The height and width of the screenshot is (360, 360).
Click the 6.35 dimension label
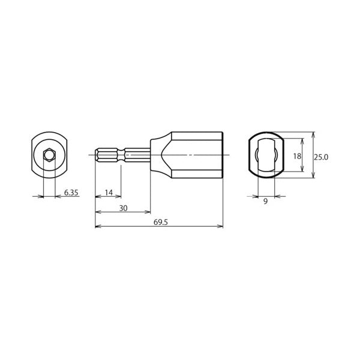coord(71,193)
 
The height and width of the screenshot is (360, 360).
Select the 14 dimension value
coord(109,193)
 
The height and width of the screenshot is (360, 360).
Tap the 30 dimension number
coord(123,208)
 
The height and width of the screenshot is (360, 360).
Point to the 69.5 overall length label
coord(161,222)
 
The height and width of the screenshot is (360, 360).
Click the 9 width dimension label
coord(265,202)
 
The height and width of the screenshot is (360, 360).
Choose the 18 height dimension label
coord(297,156)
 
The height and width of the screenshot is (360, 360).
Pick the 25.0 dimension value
coord(321,157)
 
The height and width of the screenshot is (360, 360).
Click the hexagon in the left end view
coord(49,155)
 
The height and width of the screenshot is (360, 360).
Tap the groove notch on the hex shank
coord(121,155)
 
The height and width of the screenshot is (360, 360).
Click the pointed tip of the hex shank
coord(97,155)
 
